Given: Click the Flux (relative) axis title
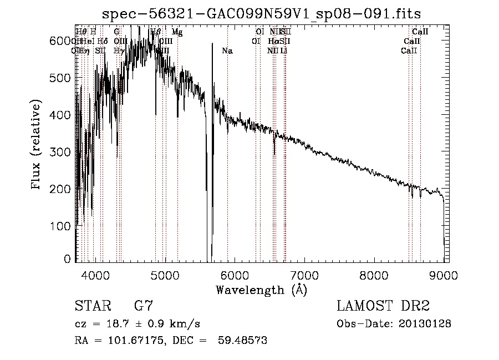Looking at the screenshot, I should pos(37,145).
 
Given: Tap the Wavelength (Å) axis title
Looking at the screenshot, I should pos(261,290).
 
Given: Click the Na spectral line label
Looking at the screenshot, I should pos(227,51).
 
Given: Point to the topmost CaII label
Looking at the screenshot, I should pos(420,32).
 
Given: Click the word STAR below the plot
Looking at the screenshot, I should pos(90,306).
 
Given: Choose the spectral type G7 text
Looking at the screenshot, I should pos(144,306).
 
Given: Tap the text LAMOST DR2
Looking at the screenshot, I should pos(383,306).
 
